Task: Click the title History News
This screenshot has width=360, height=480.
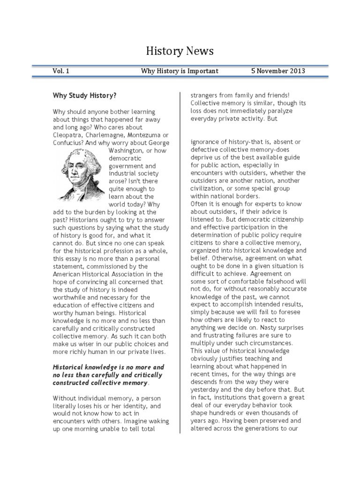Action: pyautogui.click(x=180, y=51)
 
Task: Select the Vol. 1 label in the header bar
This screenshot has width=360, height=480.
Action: pyautogui.click(x=61, y=71)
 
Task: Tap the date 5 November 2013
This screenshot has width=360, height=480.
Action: pyautogui.click(x=278, y=71)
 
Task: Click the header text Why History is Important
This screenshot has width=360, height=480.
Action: pyautogui.click(x=180, y=71)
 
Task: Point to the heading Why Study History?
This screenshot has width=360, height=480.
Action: pyautogui.click(x=84, y=96)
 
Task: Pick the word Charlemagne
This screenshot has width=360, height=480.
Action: pyautogui.click(x=107, y=135)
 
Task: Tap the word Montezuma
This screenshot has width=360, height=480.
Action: pyautogui.click(x=147, y=135)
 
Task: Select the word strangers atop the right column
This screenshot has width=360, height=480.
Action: pyautogui.click(x=205, y=96)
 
